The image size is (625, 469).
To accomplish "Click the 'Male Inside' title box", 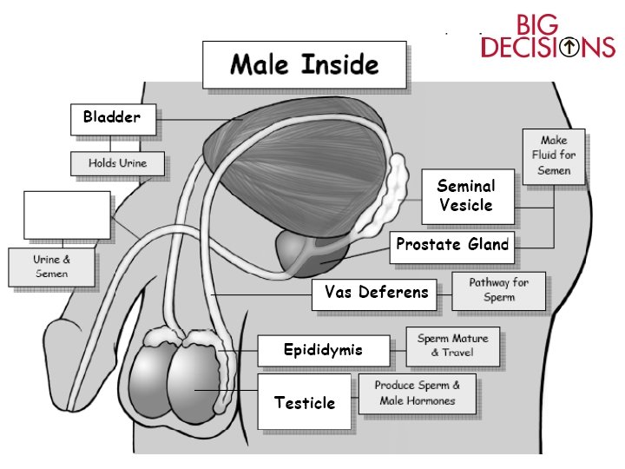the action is point(304,65).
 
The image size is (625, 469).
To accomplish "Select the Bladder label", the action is point(113,119).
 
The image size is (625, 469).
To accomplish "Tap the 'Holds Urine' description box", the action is point(117,163).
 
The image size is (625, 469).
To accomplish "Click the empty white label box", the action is point(67,215).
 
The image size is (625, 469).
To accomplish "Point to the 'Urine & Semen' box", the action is point(50,267).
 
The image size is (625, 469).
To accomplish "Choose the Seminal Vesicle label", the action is point(466,196).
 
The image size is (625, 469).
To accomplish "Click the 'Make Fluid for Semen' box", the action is point(554,156).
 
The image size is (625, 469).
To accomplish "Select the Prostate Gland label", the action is point(451,246).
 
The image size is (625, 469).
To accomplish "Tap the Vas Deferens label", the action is point(377,294).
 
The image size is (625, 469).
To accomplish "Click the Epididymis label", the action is point(323,351).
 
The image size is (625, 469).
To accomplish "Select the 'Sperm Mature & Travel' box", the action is point(452,346).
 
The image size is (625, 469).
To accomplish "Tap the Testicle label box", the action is point(305,402).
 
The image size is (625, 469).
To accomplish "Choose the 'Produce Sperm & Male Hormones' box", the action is point(417,393).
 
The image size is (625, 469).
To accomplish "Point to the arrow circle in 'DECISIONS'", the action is point(569,46).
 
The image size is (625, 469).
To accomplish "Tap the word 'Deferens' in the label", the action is point(399,294).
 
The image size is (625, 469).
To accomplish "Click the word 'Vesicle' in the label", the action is point(466,206).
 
